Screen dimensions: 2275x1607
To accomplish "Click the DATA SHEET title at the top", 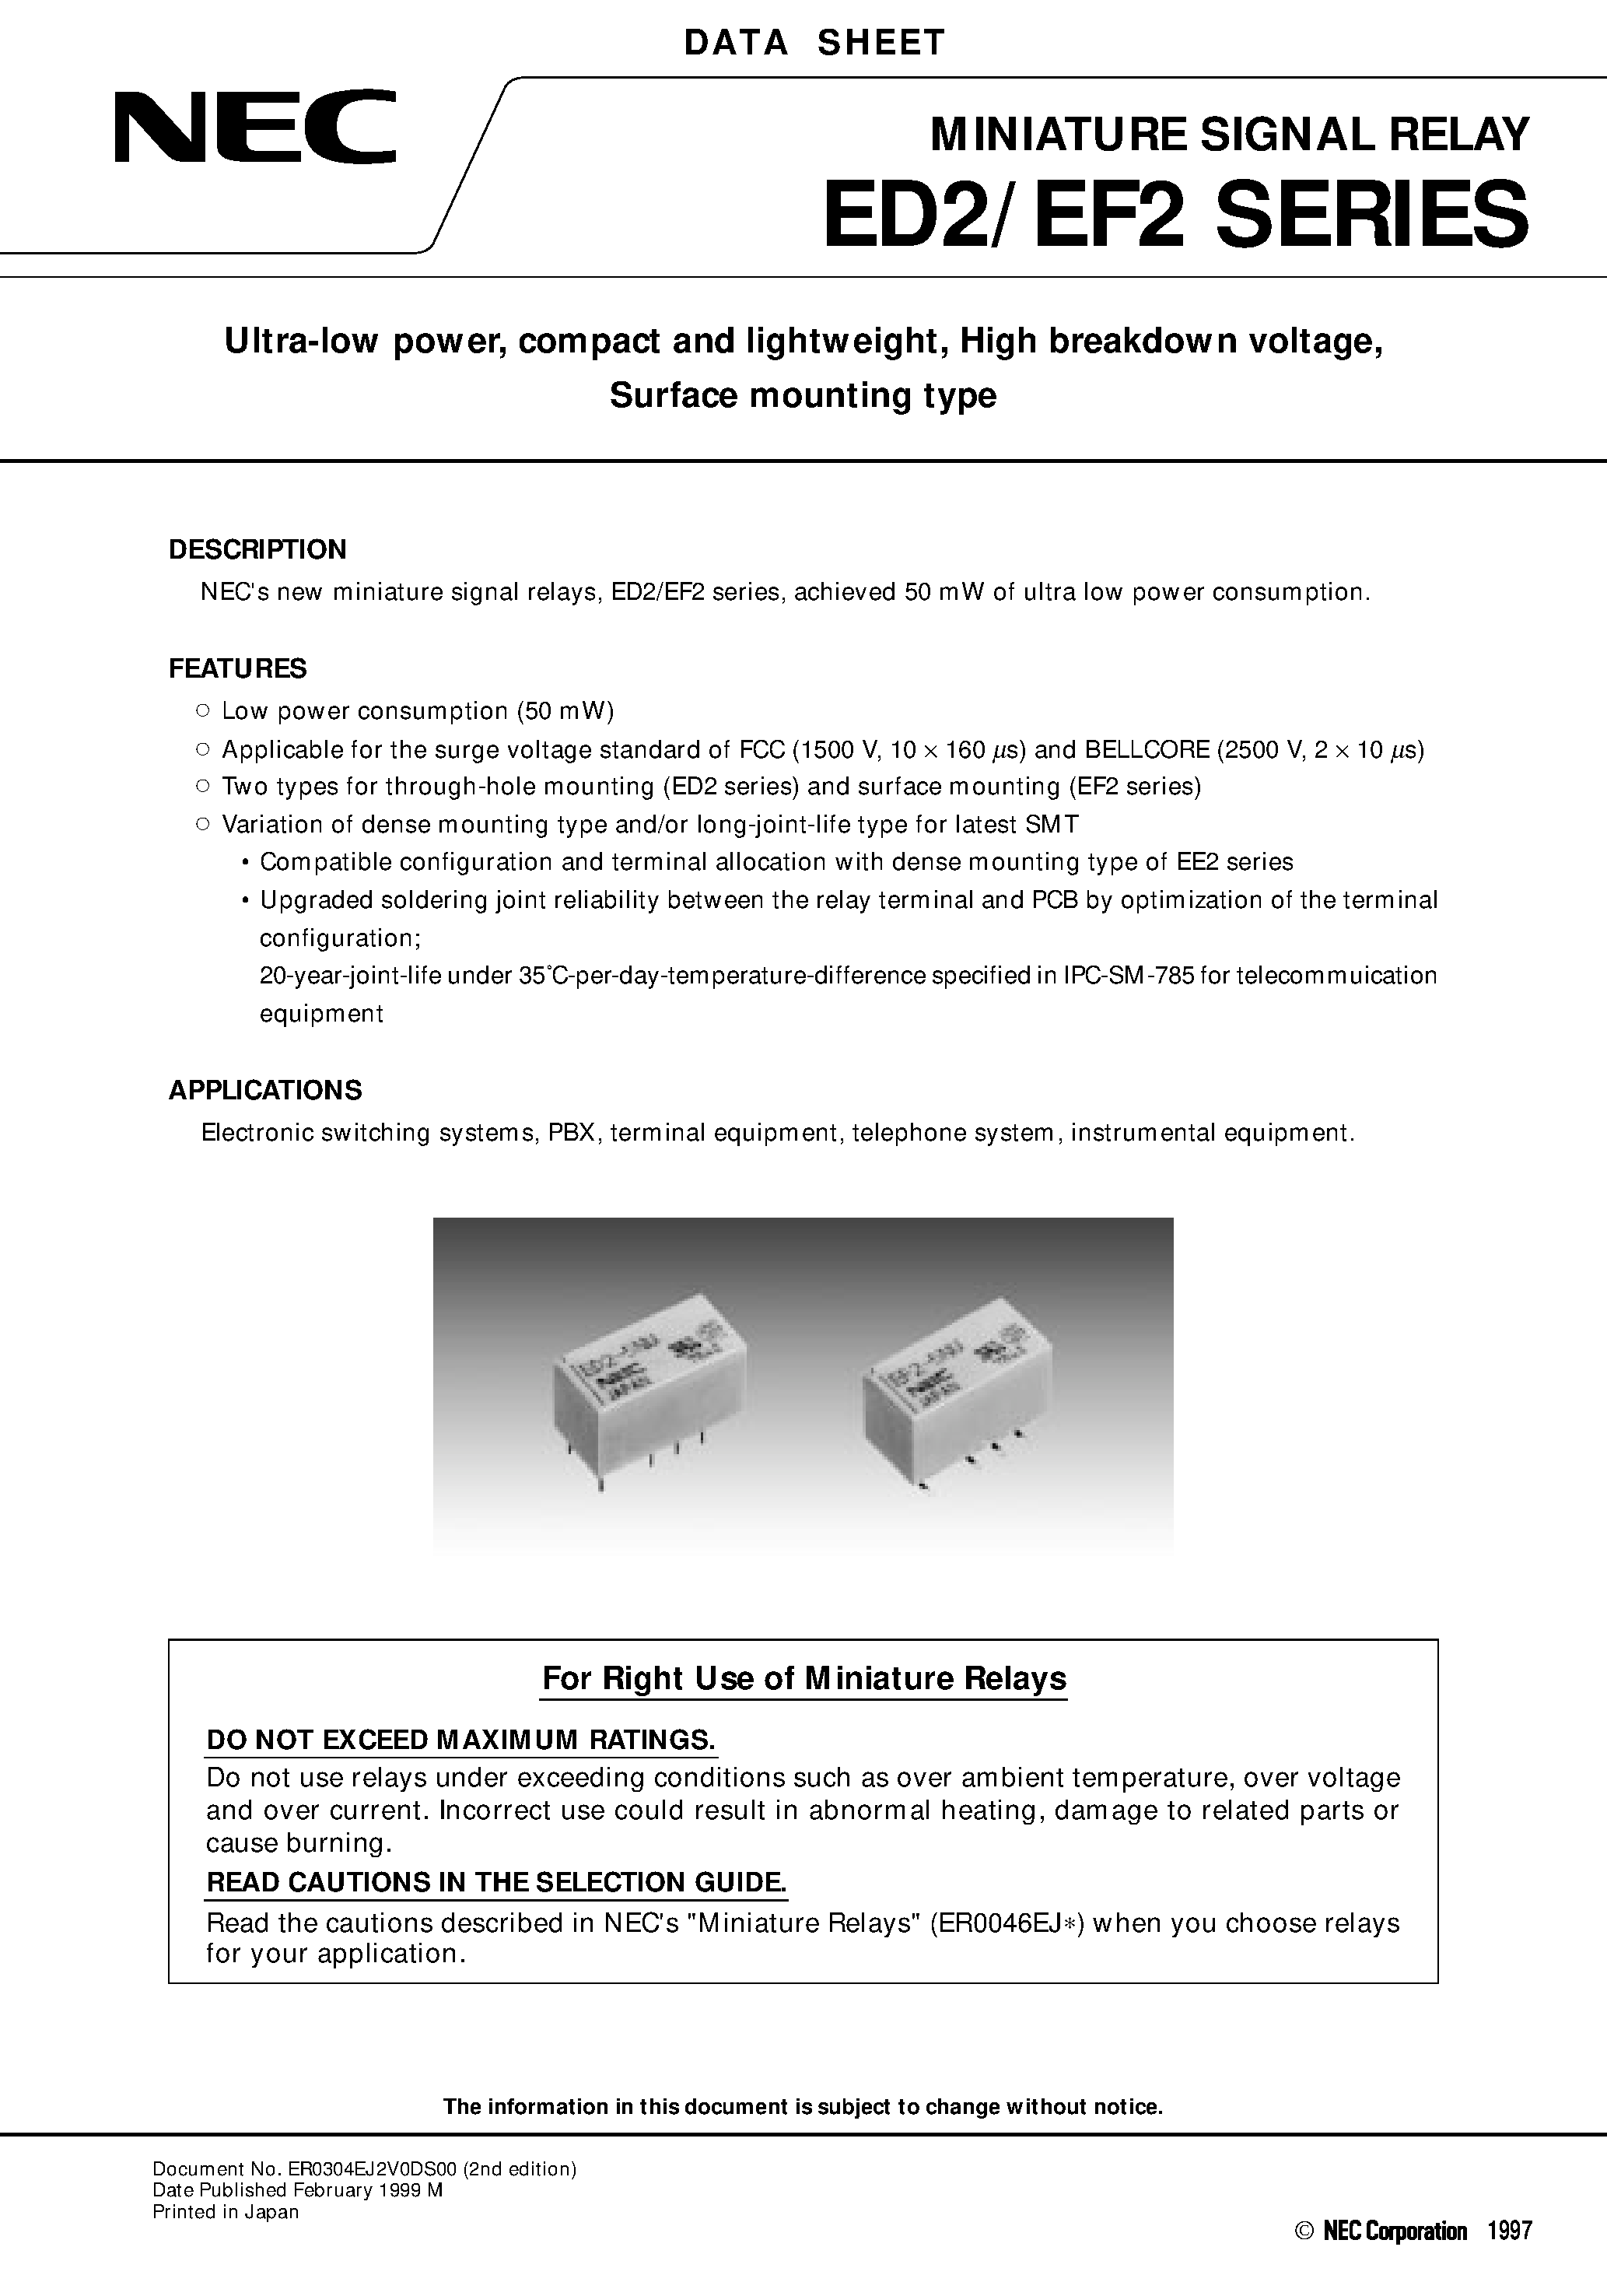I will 814,43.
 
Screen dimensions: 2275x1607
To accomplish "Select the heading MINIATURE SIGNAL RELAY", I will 1228,135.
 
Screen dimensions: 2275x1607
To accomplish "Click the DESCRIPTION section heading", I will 257,550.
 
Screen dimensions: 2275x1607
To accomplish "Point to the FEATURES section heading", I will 238,669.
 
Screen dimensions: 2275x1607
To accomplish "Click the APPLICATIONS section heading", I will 264,1090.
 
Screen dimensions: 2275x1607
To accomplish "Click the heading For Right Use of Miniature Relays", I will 803,1678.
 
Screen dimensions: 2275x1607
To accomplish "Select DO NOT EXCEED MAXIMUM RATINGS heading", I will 460,1740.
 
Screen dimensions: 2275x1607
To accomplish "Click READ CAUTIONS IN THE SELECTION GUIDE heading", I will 495,1881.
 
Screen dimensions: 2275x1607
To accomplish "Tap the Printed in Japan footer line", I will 225,2211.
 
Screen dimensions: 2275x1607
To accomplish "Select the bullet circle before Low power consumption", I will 202,710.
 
